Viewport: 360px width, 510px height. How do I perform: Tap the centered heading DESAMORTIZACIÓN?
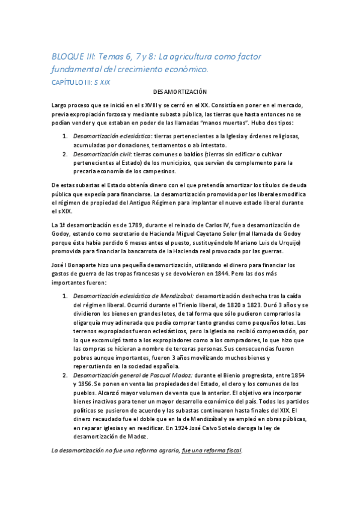[x=180, y=93]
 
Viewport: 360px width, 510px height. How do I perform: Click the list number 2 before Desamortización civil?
[x=66, y=154]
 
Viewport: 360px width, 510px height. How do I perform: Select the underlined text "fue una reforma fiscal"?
[x=211, y=450]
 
